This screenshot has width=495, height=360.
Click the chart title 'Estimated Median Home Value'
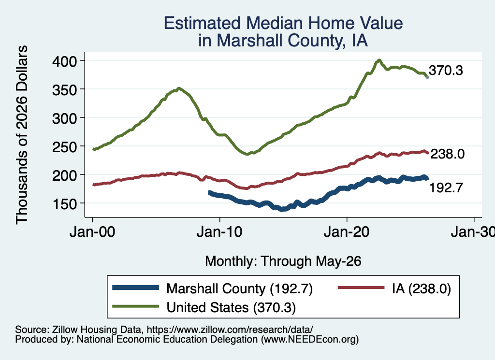click(283, 23)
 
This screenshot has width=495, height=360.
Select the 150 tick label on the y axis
click(65, 204)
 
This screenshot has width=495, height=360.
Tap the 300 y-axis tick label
click(65, 118)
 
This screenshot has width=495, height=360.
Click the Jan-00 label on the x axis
click(92, 232)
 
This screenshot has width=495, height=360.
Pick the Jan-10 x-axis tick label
click(219, 232)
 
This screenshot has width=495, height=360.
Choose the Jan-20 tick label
click(347, 232)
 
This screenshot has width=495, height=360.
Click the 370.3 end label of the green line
click(446, 71)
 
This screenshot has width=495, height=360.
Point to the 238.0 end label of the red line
click(447, 154)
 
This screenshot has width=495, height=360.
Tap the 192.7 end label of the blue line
click(446, 188)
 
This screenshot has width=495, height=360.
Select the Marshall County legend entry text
click(239, 288)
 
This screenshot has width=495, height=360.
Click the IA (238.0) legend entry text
click(422, 288)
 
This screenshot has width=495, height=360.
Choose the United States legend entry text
click(231, 308)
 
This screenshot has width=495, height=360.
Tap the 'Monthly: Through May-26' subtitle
click(283, 261)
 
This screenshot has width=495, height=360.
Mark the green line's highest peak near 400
click(379, 60)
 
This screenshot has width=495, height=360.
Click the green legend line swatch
click(136, 306)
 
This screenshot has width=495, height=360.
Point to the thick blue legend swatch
click(136, 288)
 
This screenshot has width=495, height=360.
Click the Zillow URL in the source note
click(230, 330)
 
